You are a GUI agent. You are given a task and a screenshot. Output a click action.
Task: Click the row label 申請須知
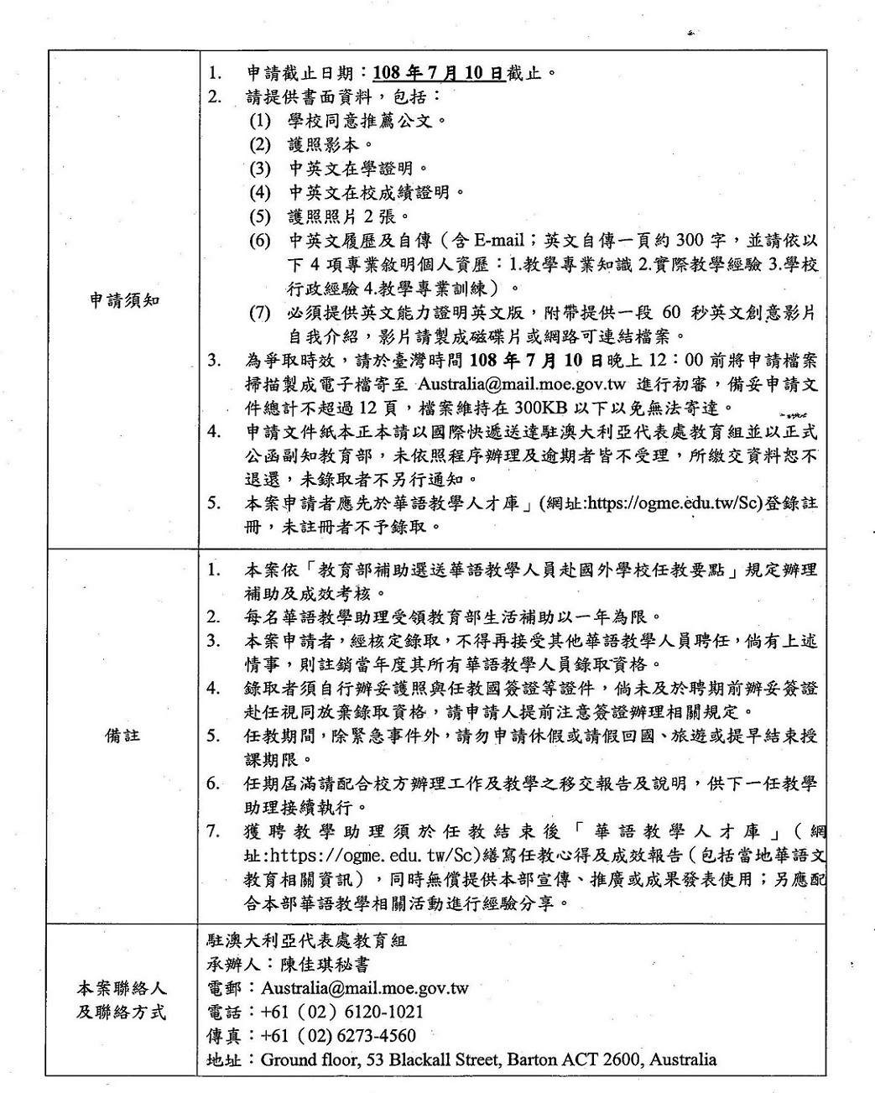point(124,301)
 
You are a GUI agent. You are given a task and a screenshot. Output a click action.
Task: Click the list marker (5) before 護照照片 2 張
point(261,216)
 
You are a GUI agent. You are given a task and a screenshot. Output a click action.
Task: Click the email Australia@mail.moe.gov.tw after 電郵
point(365,987)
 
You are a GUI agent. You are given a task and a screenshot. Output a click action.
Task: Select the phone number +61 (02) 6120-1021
point(342,1012)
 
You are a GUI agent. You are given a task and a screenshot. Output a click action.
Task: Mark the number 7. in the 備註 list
point(216,831)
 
